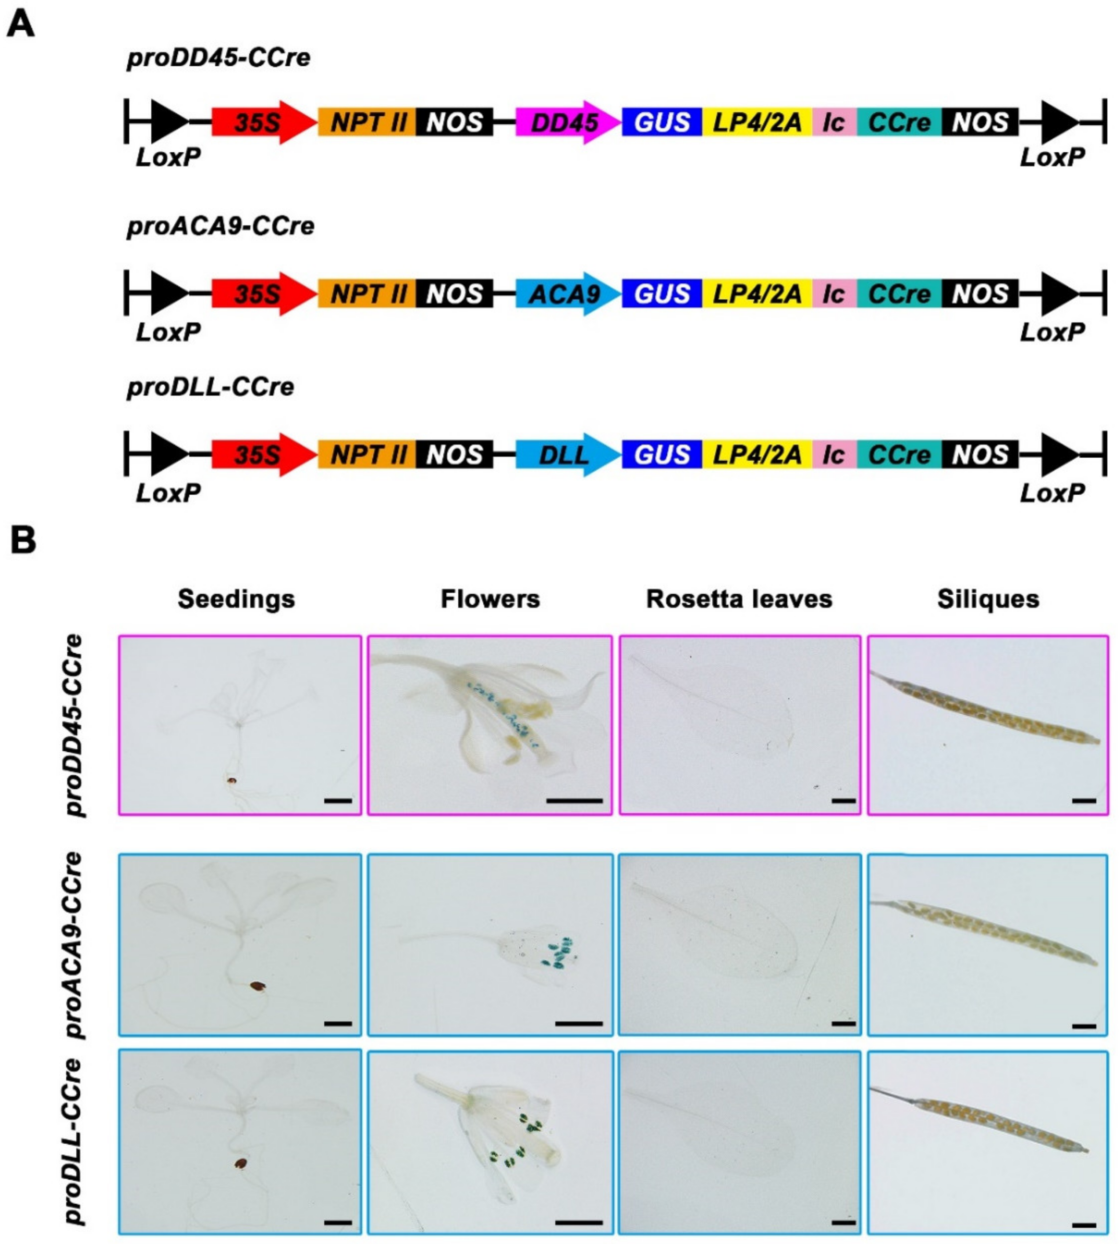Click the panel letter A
click(20, 26)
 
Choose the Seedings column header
click(236, 599)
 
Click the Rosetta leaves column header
click(739, 599)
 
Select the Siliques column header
click(988, 599)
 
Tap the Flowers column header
click(490, 599)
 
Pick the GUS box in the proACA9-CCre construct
click(662, 294)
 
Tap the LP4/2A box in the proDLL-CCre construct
click(757, 455)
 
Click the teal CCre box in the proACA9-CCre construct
click(899, 294)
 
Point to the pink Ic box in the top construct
click(834, 122)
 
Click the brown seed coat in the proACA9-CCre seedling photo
click(258, 986)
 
